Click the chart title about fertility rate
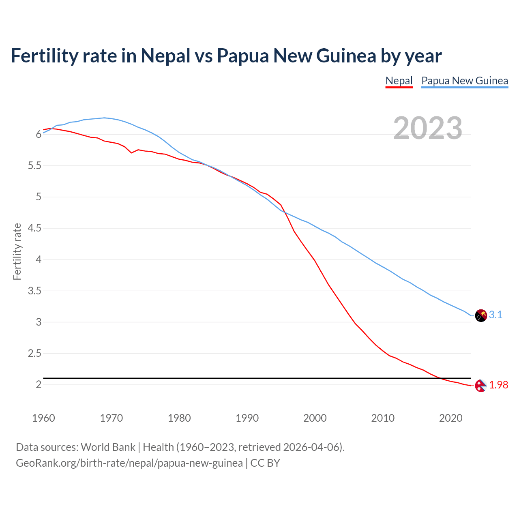point(226,56)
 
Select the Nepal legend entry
point(399,81)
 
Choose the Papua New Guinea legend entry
point(465,81)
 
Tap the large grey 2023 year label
point(427,128)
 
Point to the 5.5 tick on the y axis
point(34,165)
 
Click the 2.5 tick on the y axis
point(34,353)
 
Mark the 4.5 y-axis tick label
point(34,228)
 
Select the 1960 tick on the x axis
point(43,418)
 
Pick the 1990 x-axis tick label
point(247,418)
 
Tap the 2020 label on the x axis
point(450,418)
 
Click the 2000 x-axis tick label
point(315,418)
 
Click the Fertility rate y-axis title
point(17,251)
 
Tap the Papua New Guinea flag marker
point(480,315)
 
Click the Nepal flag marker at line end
point(480,386)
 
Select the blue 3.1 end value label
point(495,315)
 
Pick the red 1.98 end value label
point(498,385)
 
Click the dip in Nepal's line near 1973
point(131,152)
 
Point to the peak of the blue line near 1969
point(104,118)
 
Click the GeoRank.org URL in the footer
point(129,463)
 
